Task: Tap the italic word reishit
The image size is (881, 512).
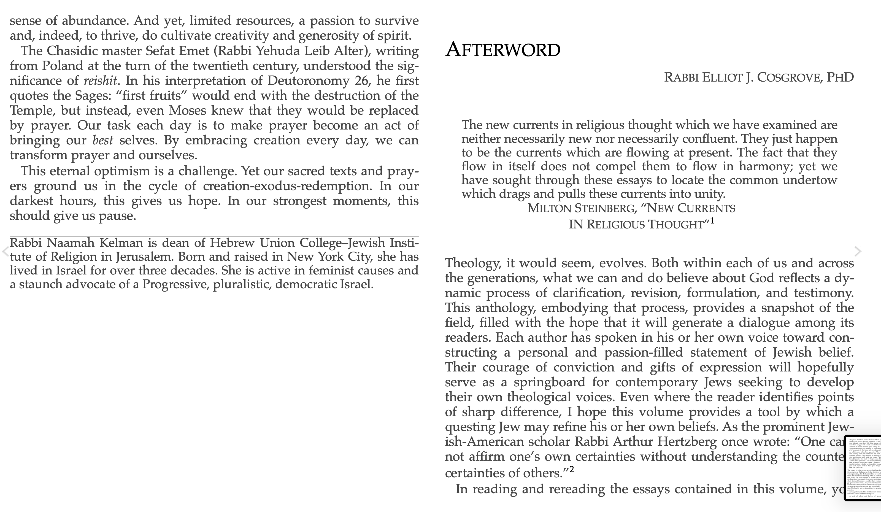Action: pos(100,81)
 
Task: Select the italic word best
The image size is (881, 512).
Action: pos(102,140)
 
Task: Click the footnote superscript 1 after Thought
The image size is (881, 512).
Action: pos(712,221)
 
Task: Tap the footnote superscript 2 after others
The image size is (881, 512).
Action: pos(572,469)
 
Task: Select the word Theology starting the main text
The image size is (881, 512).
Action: pos(472,263)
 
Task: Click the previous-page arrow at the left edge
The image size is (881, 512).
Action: pos(5,251)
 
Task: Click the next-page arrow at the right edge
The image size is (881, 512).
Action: pos(858,251)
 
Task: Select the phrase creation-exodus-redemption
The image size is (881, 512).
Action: pos(287,186)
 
